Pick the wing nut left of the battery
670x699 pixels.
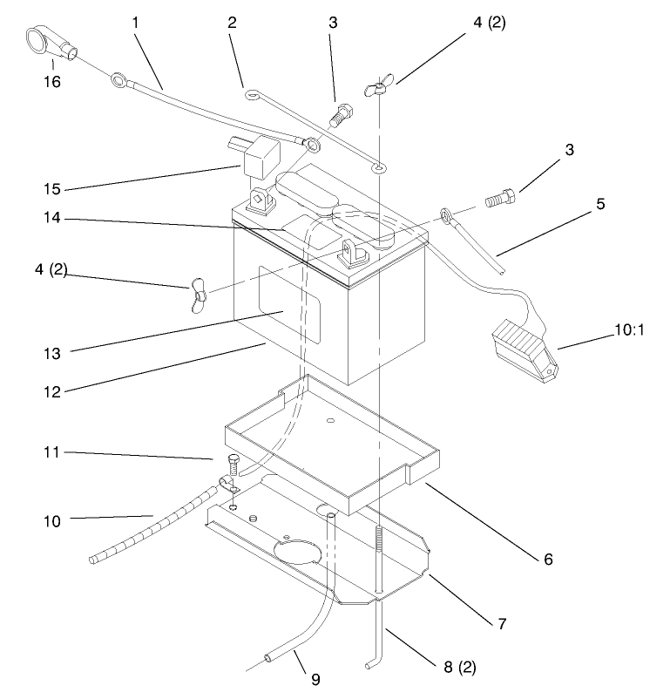click(198, 295)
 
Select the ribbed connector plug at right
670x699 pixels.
click(521, 349)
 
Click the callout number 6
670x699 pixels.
click(548, 558)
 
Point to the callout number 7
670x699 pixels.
click(502, 624)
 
